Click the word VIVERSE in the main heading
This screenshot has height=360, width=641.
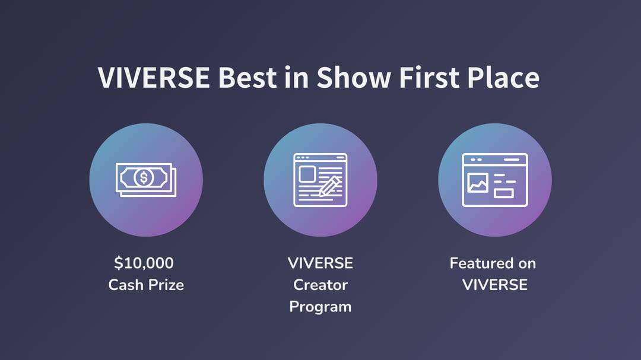coord(154,77)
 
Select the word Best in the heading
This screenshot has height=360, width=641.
coord(247,77)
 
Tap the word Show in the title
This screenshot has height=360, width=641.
coord(354,77)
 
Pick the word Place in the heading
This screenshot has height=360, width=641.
coord(503,77)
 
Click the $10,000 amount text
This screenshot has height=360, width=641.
coord(144,263)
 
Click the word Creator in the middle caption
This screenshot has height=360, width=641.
coord(320,285)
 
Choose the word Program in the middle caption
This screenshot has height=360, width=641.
coord(320,307)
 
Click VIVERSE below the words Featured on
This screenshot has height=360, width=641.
coord(494,285)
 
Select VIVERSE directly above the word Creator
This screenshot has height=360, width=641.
coord(320,263)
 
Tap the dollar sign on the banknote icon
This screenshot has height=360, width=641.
coord(144,178)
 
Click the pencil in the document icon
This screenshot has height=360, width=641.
coord(329,186)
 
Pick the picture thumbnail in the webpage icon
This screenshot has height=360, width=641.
coord(478,183)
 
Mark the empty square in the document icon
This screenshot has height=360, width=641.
coord(307,174)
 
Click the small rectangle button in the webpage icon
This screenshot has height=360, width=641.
coord(504,193)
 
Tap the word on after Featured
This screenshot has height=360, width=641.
coord(527,264)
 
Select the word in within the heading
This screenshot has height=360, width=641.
coord(297,77)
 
